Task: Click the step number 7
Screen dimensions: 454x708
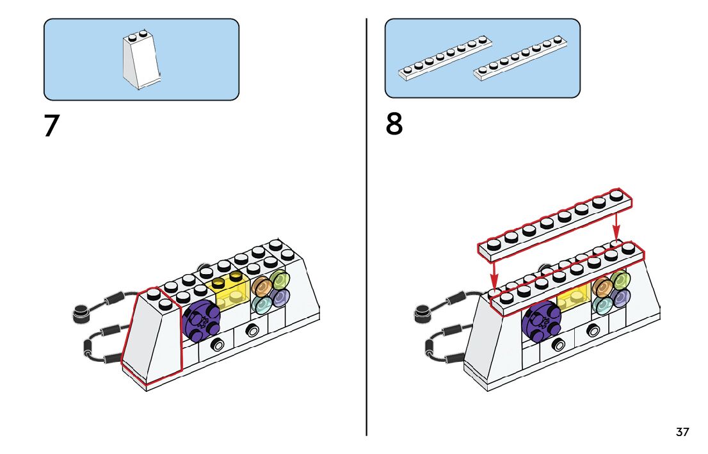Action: [51, 126]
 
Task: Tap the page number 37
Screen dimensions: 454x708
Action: [682, 432]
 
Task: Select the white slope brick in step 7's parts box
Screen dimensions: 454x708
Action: [141, 61]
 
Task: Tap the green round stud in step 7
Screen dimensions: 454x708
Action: [279, 280]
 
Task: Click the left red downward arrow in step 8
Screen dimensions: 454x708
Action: [494, 274]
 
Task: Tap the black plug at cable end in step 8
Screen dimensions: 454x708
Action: [422, 312]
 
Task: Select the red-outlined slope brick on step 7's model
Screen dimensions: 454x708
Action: [152, 336]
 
